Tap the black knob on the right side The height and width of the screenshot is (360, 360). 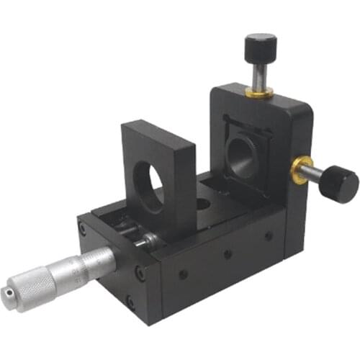coord(341,183)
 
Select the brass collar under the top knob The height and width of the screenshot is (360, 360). coord(259,91)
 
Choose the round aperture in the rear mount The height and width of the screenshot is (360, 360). coord(241,157)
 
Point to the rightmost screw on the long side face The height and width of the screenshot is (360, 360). coord(268,235)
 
